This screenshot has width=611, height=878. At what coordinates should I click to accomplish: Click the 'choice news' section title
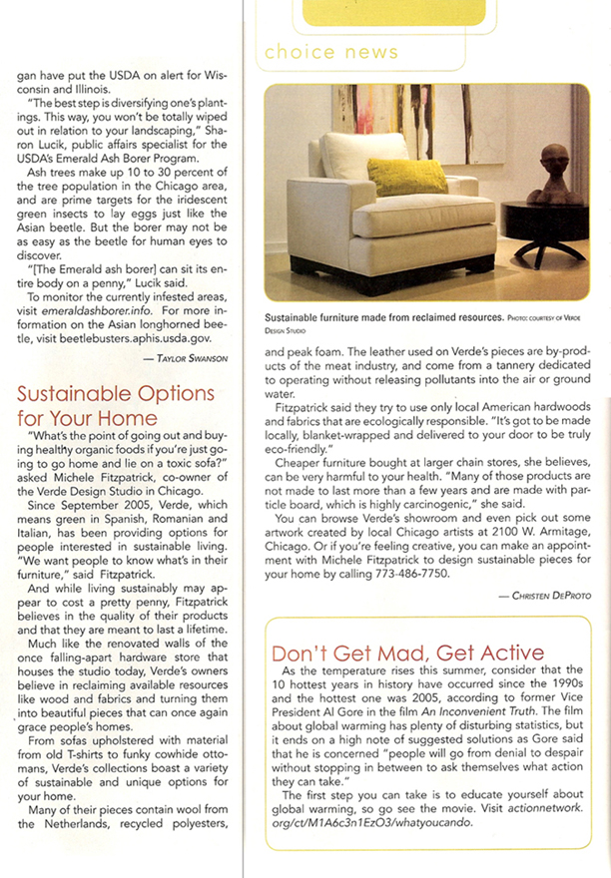pos(331,51)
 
